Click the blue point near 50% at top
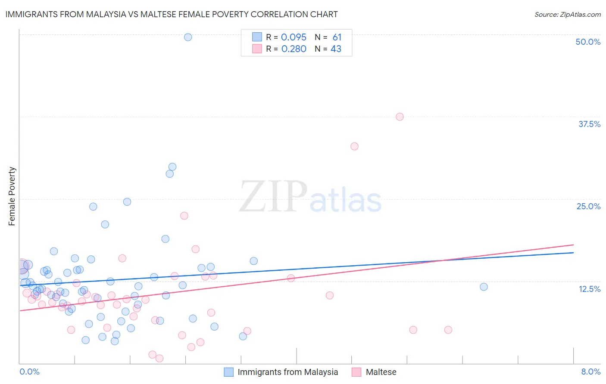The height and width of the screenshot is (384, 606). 188,37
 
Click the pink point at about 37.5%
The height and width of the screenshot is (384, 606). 400,117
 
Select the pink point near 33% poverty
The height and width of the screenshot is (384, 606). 354,146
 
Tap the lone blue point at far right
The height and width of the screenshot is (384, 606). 484,287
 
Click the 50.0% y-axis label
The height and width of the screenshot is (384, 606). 588,42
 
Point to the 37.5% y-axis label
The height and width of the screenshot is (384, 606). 589,124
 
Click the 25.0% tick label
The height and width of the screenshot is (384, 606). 588,206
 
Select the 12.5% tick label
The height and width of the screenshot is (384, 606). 589,289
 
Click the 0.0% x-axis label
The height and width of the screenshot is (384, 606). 29,372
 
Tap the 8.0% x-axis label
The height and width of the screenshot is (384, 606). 590,372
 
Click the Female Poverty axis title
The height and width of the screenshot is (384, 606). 12,196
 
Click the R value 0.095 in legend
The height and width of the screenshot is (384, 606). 294,37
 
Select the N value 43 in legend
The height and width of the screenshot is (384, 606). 336,49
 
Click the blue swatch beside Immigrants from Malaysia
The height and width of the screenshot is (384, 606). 229,372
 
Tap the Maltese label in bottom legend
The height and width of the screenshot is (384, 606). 381,372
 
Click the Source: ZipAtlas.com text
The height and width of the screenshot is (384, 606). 567,15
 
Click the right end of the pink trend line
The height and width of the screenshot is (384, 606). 573,245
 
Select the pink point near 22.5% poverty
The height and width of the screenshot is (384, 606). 184,216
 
